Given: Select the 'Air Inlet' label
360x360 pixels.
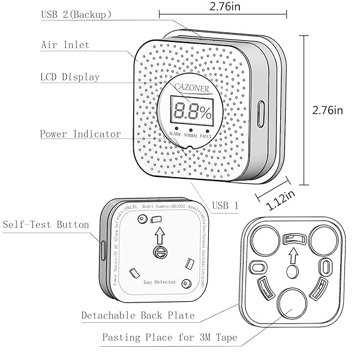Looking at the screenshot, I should pos(65,45).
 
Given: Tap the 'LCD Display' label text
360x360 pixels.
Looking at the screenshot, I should pos(70,77).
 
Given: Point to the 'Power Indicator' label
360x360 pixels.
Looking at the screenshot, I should pos(80,134).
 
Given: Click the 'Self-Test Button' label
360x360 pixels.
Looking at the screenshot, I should pos(46,225).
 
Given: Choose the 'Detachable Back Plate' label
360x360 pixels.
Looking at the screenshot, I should pos(138,315).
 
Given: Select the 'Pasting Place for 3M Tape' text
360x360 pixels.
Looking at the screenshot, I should pos(170,338).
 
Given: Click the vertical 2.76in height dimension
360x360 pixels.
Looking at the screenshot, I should pos(328,110).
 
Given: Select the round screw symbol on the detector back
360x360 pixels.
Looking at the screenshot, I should pos(159,251).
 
